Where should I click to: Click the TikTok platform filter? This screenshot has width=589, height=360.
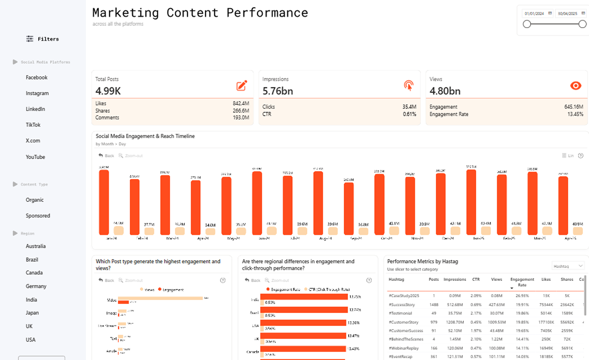pyautogui.click(x=33, y=125)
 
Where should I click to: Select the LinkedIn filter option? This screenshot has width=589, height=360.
pyautogui.click(x=35, y=109)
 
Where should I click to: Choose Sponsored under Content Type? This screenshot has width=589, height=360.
pyautogui.click(x=38, y=216)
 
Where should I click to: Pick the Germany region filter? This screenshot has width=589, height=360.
pyautogui.click(x=36, y=286)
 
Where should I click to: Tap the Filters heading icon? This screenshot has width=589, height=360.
pyautogui.click(x=30, y=39)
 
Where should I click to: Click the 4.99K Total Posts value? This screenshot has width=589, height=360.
pyautogui.click(x=108, y=91)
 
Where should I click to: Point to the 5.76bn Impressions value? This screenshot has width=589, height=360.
pyautogui.click(x=277, y=91)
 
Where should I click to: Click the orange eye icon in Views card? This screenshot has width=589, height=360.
pyautogui.click(x=576, y=86)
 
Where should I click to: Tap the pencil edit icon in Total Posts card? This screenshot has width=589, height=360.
pyautogui.click(x=242, y=86)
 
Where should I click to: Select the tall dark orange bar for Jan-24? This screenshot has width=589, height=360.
pyautogui.click(x=104, y=202)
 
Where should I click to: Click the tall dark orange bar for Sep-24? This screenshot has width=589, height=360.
pyautogui.click(x=349, y=209)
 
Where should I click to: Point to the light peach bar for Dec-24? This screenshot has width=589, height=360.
pyautogui.click(x=455, y=231)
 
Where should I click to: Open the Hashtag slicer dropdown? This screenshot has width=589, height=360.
pyautogui.click(x=568, y=266)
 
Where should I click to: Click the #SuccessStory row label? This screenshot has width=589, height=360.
pyautogui.click(x=401, y=304)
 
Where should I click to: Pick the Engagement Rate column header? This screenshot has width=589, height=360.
pyautogui.click(x=522, y=282)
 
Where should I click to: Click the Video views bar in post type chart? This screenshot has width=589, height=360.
pyautogui.click(x=160, y=298)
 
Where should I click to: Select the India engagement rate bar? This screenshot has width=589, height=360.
pyautogui.click(x=304, y=297)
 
